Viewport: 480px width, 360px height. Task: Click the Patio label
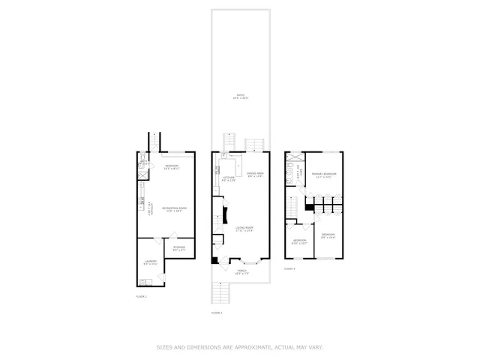pyautogui.click(x=241, y=97)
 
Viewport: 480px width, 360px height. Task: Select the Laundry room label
pyautogui.click(x=151, y=262)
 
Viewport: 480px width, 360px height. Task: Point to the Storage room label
pyautogui.click(x=179, y=247)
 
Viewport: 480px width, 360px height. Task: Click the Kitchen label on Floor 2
pyautogui.click(x=229, y=178)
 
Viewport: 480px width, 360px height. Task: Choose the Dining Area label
pyautogui.click(x=255, y=174)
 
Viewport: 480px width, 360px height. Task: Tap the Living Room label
pyautogui.click(x=245, y=229)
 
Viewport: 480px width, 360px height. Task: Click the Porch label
pyautogui.click(x=241, y=271)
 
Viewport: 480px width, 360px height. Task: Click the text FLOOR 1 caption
pyautogui.click(x=141, y=296)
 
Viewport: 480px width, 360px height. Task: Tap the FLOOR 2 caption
pyautogui.click(x=217, y=312)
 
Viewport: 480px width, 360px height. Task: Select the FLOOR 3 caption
pyautogui.click(x=289, y=268)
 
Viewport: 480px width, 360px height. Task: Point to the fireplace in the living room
pyautogui.click(x=220, y=218)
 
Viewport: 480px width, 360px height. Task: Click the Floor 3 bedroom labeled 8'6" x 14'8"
pyautogui.click(x=328, y=236)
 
